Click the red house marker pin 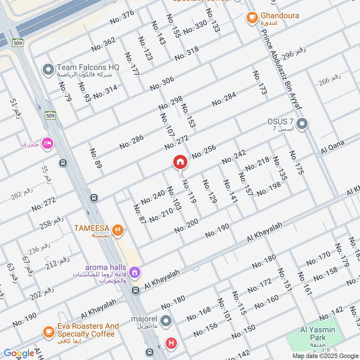180,162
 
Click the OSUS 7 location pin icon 302,123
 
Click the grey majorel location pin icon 166,321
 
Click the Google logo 19,353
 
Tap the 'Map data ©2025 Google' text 324,355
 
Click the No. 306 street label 162,83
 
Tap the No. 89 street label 95,158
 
